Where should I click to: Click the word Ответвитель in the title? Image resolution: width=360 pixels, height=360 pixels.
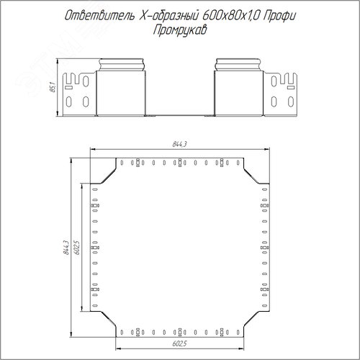[99, 16]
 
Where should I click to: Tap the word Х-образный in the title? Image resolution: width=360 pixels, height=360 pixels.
[168, 16]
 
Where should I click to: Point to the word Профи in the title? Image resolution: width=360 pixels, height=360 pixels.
[279, 16]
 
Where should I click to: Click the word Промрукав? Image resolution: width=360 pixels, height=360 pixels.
[180, 30]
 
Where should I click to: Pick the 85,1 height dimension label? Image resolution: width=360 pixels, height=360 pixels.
[53, 87]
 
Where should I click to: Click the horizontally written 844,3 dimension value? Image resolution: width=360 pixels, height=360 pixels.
[179, 144]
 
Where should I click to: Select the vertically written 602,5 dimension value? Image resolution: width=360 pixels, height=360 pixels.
[76, 248]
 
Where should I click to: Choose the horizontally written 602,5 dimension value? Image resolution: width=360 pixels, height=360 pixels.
[179, 343]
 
